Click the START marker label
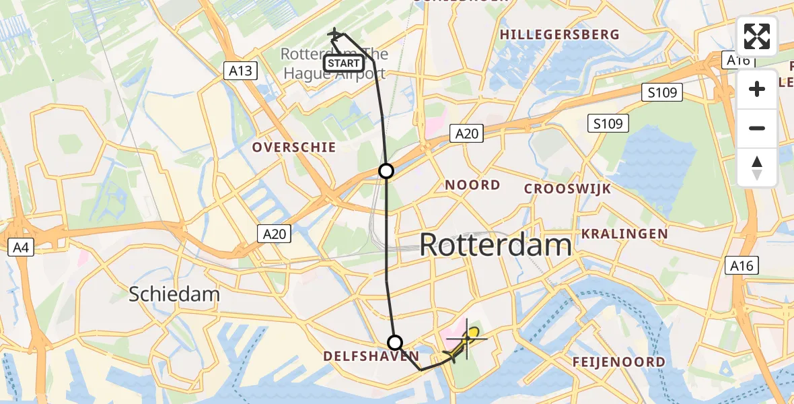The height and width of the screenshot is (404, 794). click(x=344, y=63)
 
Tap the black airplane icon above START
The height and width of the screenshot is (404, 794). click(x=334, y=33)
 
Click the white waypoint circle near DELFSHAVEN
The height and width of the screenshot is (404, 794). click(x=395, y=341)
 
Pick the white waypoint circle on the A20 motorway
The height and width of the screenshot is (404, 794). click(x=386, y=171)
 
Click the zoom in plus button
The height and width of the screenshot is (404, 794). click(x=757, y=90)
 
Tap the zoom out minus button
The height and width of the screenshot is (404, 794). click(x=757, y=129)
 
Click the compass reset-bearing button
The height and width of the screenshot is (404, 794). click(x=757, y=167)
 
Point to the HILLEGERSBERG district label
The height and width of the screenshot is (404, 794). click(x=559, y=34)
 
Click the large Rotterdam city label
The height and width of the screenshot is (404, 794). click(x=495, y=244)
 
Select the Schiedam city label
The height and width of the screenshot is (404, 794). click(x=174, y=294)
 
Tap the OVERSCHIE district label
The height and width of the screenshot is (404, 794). click(x=293, y=147)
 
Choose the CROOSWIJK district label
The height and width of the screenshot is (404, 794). click(x=567, y=189)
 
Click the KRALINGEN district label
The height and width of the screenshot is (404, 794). click(x=624, y=234)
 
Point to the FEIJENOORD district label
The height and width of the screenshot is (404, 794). click(x=618, y=362)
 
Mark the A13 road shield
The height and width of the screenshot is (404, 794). click(x=240, y=71)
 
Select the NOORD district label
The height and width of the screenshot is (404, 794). click(x=472, y=184)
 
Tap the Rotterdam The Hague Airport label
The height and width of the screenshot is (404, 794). click(x=334, y=63)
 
